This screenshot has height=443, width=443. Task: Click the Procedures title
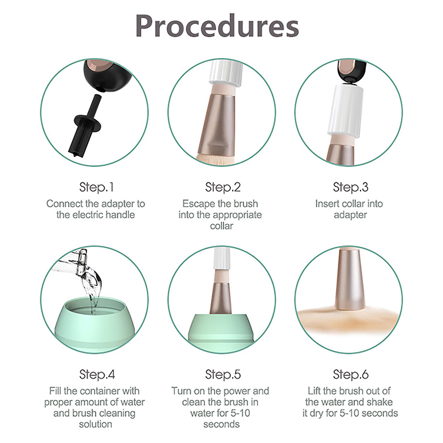click(x=217, y=27)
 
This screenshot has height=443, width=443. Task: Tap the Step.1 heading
click(x=96, y=187)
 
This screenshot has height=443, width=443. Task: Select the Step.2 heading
click(x=223, y=187)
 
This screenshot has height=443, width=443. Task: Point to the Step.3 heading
click(x=351, y=187)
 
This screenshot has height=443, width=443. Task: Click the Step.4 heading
click(x=97, y=374)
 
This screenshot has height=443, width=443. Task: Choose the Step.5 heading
click(x=223, y=374)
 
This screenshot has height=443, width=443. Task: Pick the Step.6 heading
click(x=351, y=374)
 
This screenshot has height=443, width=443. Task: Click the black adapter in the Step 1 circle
click(x=85, y=127)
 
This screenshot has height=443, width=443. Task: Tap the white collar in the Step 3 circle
click(x=344, y=112)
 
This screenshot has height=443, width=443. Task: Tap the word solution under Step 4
click(x=95, y=424)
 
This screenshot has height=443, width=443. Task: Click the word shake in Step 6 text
click(x=379, y=402)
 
